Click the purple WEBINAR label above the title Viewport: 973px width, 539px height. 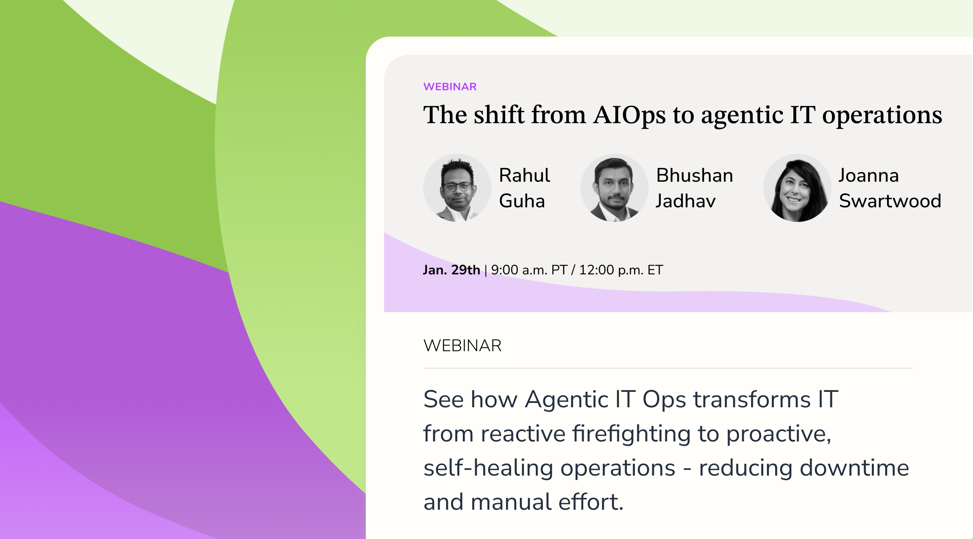(450, 87)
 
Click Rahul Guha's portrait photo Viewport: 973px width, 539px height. (457, 188)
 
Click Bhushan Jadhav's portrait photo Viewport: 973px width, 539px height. (614, 188)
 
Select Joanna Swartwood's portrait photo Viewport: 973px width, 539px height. (797, 188)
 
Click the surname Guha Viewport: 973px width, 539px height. (522, 201)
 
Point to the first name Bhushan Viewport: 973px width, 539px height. (695, 175)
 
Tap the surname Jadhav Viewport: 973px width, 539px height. (686, 201)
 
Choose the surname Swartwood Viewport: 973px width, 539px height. (890, 201)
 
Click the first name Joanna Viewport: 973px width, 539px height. (869, 175)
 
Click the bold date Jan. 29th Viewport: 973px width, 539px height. (452, 270)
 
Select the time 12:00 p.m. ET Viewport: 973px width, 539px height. (621, 270)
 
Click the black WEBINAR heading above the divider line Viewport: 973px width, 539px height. (463, 346)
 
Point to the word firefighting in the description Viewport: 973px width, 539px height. (632, 434)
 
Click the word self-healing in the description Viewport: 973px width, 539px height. (488, 467)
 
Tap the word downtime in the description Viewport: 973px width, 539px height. (854, 467)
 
